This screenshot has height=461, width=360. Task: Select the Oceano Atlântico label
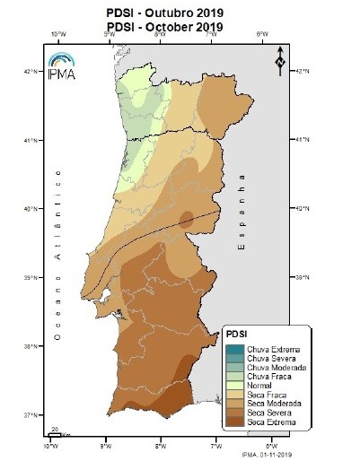click(58, 253)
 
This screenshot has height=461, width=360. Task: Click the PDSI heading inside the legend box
click(238, 334)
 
